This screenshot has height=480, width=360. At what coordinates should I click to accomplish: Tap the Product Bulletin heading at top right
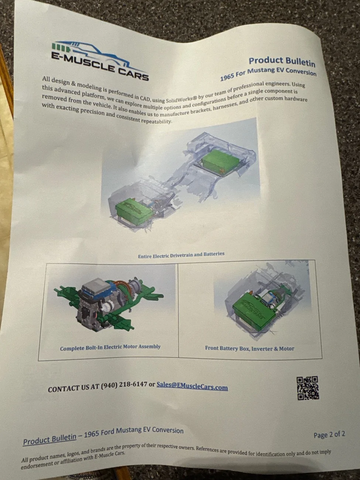(x=282, y=62)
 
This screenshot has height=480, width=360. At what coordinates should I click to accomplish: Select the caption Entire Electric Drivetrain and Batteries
(x=181, y=255)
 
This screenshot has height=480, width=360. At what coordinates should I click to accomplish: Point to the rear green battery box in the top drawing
(x=220, y=161)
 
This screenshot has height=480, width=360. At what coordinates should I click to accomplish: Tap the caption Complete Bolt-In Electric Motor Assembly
(x=110, y=347)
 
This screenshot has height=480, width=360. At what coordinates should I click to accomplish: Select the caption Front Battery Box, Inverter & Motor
(x=250, y=348)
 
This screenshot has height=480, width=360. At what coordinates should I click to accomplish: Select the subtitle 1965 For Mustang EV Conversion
(x=268, y=73)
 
